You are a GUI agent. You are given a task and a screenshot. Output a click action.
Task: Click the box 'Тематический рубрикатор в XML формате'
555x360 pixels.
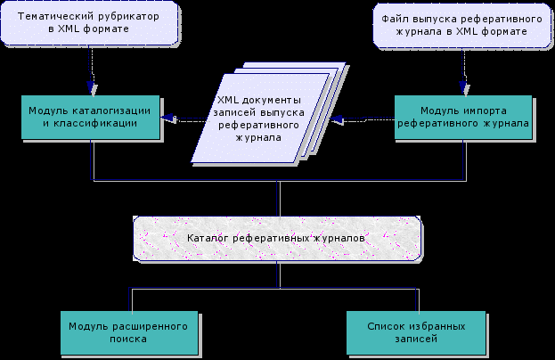coord(88,24)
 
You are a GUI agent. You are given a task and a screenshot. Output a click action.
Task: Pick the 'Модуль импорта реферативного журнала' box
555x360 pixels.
coord(463,117)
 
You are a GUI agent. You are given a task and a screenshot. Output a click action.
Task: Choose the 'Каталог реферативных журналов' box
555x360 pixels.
coord(277,238)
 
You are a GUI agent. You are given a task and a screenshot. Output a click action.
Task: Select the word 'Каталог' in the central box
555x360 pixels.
coord(208,239)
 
